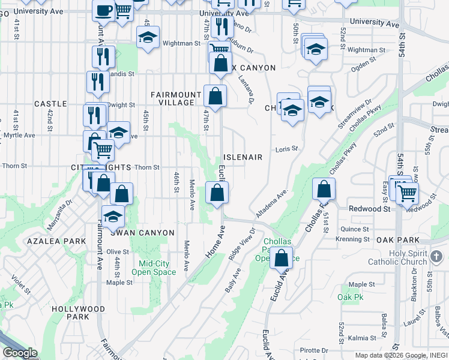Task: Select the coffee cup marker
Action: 104,10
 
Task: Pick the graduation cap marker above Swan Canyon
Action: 113,217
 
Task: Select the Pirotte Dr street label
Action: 315,350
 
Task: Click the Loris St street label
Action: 287,149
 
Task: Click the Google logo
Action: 20,353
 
